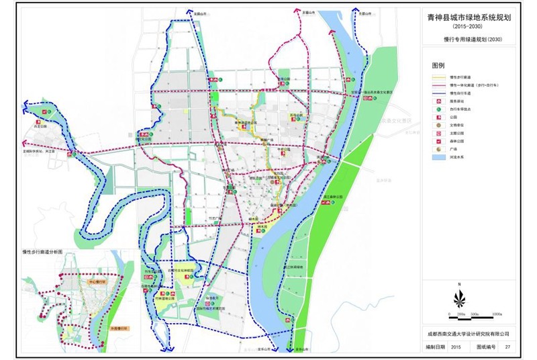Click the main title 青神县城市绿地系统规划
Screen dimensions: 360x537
click(x=469, y=19)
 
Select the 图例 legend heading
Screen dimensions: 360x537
click(x=438, y=66)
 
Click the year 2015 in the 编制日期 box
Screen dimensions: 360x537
click(x=455, y=347)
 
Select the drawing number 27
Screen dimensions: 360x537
click(x=508, y=347)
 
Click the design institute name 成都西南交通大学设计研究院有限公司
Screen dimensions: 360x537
click(x=467, y=332)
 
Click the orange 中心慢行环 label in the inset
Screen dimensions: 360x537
click(x=98, y=283)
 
